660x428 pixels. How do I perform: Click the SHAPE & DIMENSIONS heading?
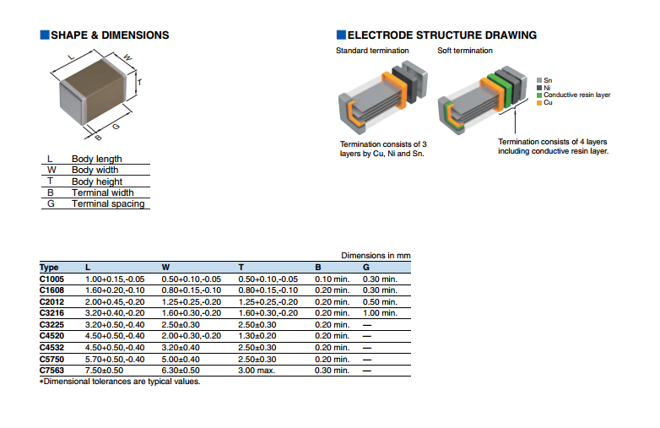pos(110,35)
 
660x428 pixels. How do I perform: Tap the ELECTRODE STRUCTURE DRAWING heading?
pos(442,35)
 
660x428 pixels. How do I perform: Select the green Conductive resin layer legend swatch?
pos(539,95)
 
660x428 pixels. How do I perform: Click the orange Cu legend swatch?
pos(539,103)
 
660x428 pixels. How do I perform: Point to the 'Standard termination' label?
pos(372,51)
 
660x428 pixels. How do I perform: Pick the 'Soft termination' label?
pos(465,51)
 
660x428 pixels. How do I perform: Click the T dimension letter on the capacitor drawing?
pos(140,82)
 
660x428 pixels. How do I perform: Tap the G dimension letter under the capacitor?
pos(116,127)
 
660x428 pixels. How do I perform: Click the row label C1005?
pos(51,279)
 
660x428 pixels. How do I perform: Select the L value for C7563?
pos(104,371)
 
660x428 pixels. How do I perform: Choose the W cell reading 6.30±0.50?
pos(181,371)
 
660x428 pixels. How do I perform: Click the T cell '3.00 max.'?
pos(257,371)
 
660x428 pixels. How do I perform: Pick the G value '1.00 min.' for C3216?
pos(380,313)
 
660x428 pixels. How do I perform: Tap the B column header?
pos(318,268)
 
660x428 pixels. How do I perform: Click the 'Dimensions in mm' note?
pos(376,256)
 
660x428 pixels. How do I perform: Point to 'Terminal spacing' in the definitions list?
pos(108,203)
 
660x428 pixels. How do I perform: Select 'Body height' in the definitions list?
pos(97,181)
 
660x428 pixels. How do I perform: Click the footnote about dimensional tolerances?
pos(120,382)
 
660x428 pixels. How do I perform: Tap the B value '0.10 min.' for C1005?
pos(332,279)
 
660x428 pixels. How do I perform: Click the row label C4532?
pos(51,348)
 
